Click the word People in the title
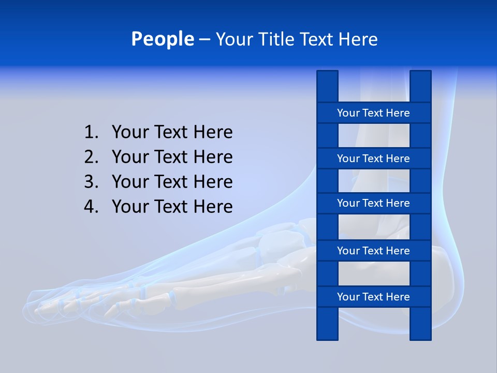162,39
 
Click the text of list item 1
172,132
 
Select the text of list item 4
172,207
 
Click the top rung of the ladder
373,113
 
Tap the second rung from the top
373,159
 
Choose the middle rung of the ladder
373,203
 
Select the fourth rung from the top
373,251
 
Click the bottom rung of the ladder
373,297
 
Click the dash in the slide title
204,39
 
